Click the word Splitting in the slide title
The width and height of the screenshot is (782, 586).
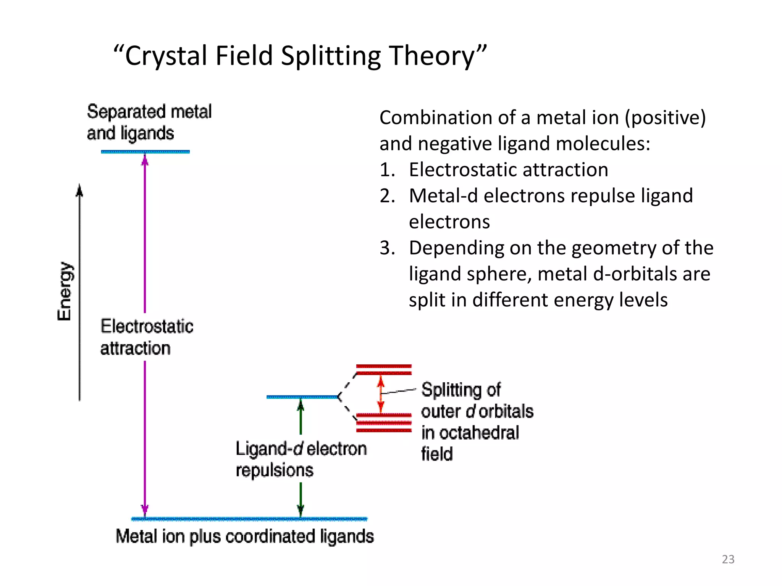331,56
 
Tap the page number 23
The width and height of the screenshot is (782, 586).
728,559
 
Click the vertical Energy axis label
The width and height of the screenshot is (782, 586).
65,291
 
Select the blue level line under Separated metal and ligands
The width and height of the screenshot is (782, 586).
145,152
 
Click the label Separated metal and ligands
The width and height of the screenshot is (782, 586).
149,122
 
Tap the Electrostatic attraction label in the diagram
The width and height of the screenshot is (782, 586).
147,337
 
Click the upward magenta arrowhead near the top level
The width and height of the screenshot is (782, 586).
145,159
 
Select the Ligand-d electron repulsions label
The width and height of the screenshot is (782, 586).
301,459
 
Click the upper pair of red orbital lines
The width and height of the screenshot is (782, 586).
384,370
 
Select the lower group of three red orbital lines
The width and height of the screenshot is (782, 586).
384,423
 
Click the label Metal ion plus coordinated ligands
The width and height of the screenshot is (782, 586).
244,536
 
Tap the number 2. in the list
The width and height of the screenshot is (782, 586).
387,196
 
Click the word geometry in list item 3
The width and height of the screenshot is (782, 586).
614,248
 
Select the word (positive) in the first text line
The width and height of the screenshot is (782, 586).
665,118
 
